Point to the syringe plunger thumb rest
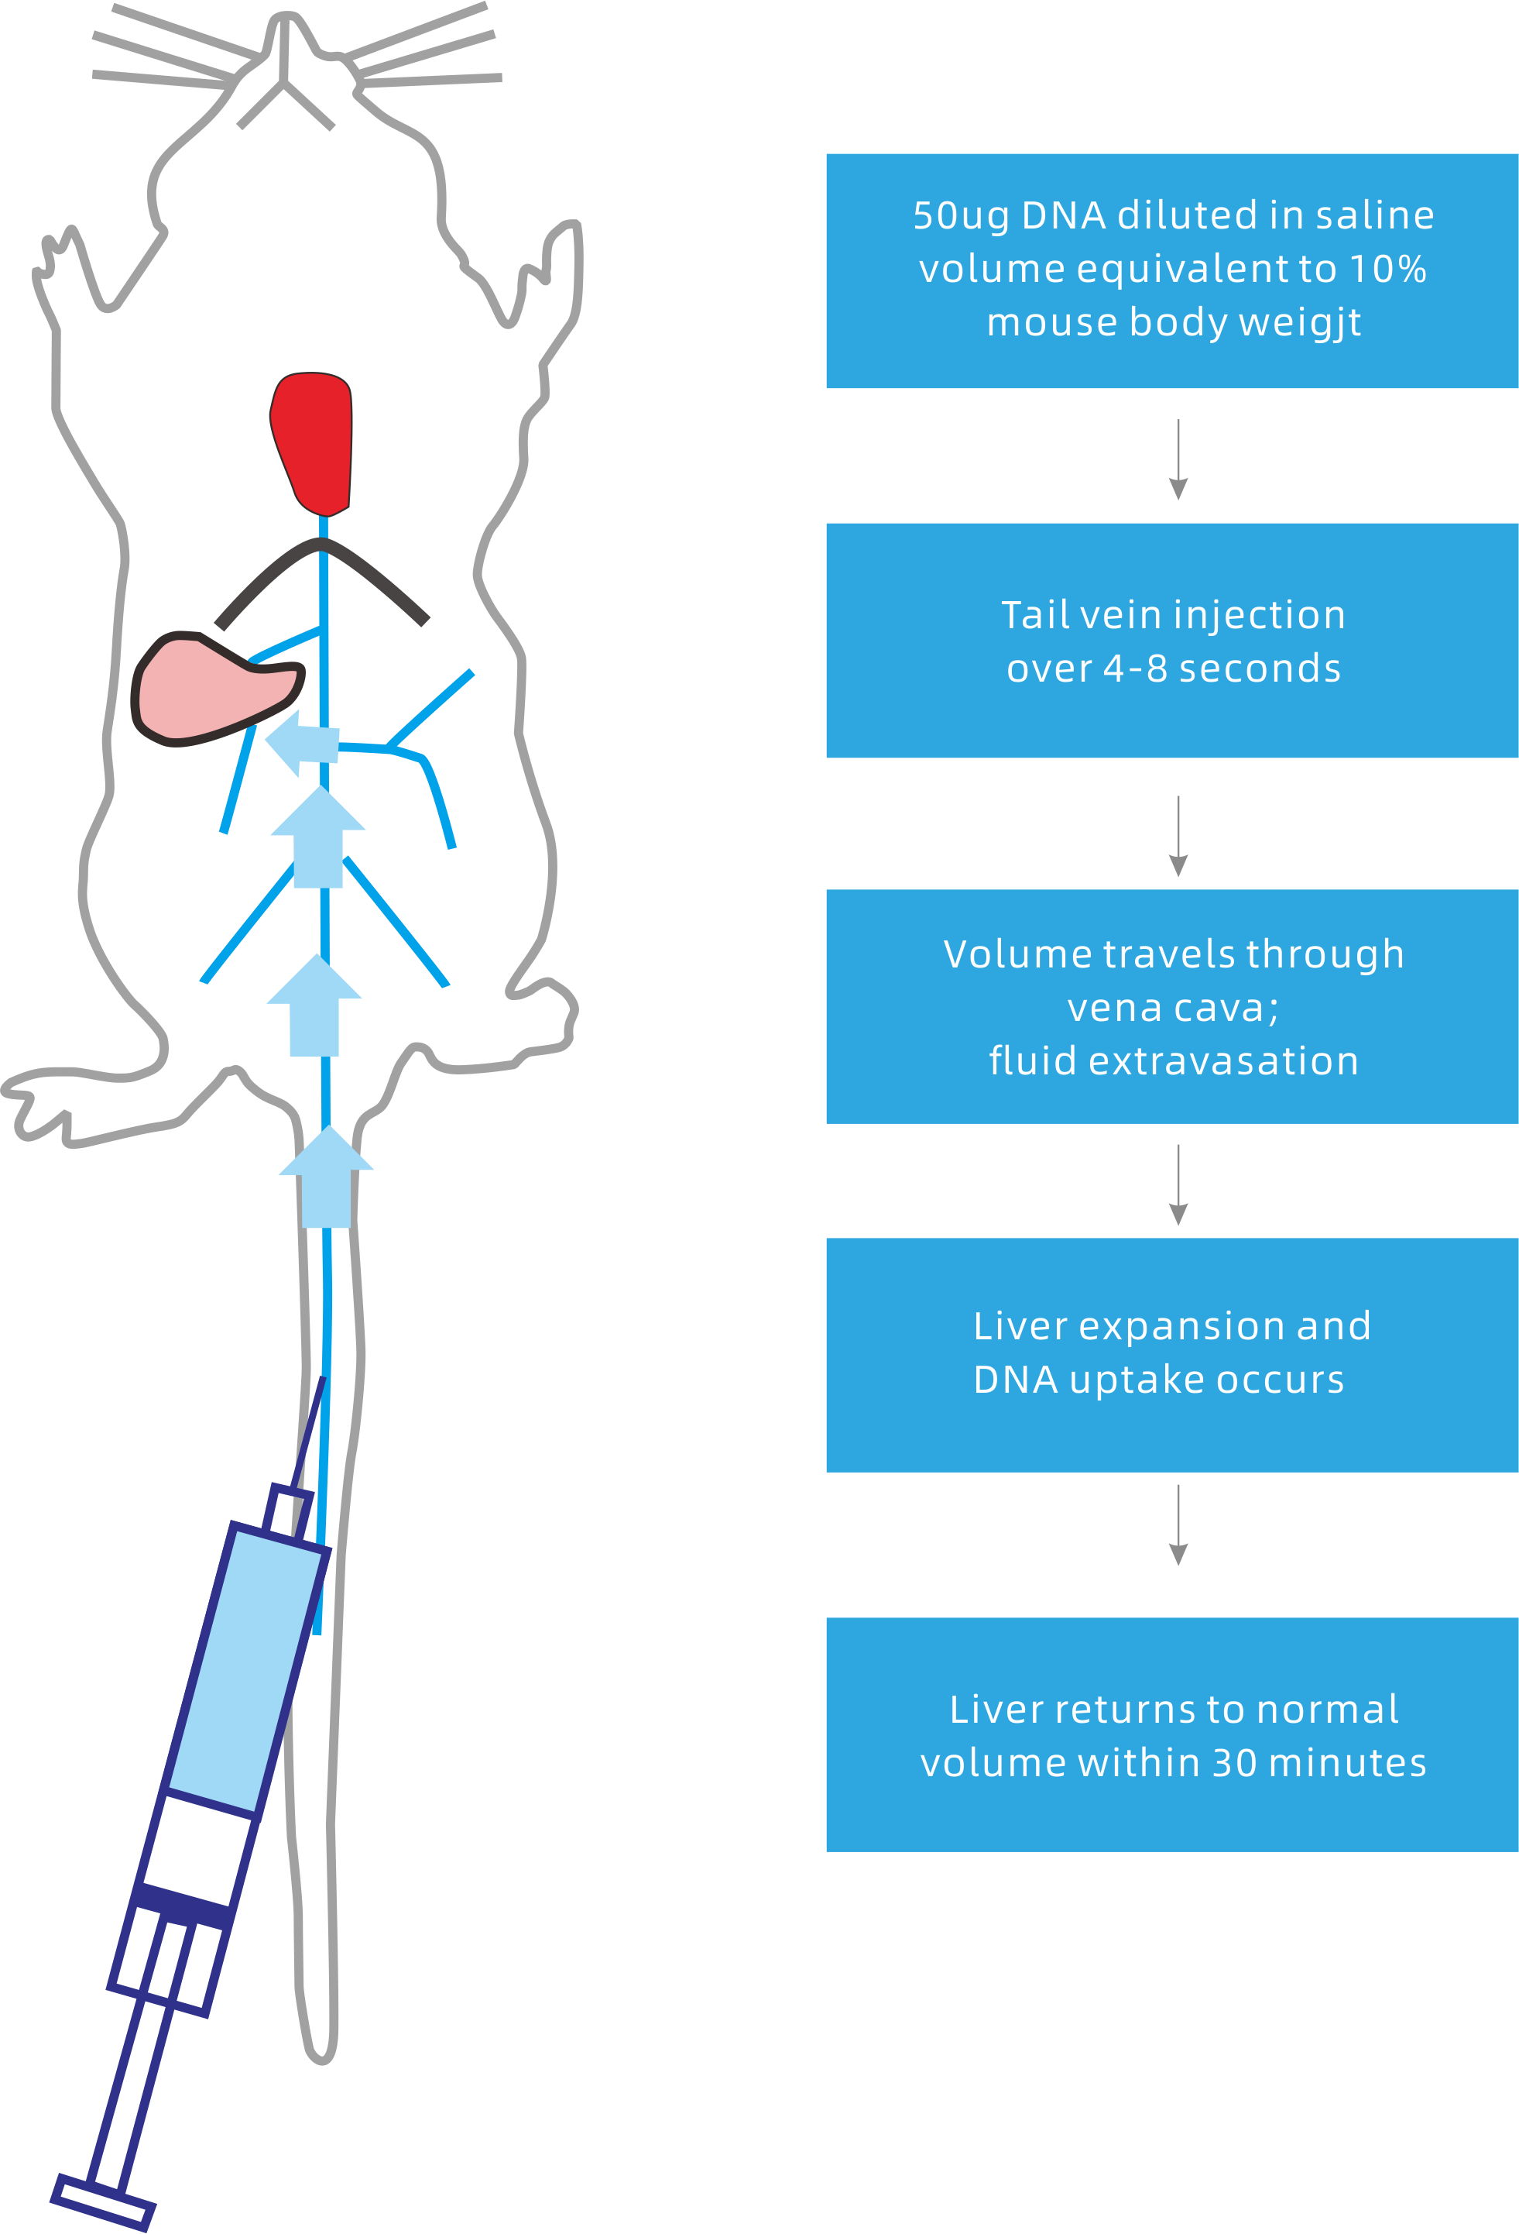103,2201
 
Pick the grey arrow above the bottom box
1178,1525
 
